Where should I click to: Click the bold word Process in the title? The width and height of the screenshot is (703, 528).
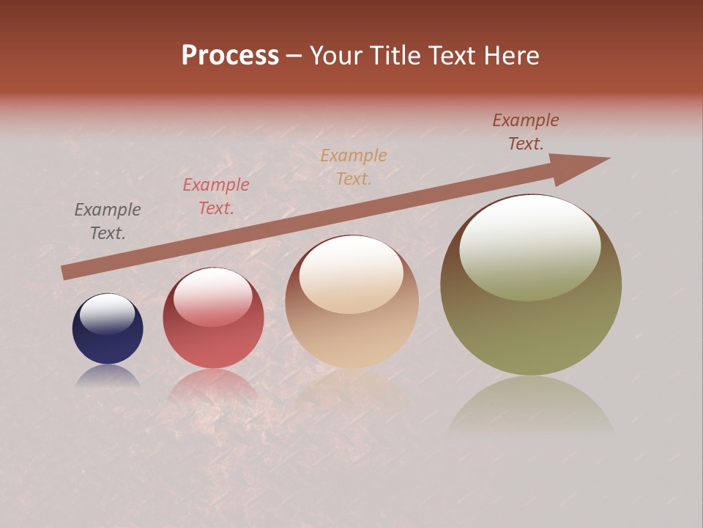click(x=230, y=56)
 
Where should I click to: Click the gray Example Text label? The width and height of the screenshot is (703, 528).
click(x=108, y=221)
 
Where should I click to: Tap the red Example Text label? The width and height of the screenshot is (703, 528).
click(x=216, y=197)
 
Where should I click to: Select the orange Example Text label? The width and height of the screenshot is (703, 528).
click(x=354, y=167)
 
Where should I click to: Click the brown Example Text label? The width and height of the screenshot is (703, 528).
click(x=526, y=132)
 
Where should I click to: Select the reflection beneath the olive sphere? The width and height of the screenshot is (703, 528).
click(x=531, y=407)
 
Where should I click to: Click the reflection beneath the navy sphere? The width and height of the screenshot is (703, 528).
click(x=108, y=375)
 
